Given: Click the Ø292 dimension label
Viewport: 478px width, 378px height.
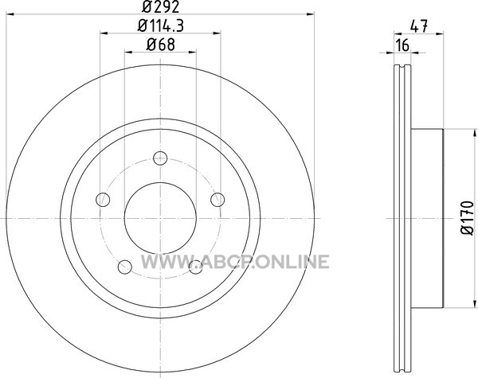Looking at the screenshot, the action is pos(160,6).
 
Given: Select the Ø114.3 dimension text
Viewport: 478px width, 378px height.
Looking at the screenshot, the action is pos(160,26).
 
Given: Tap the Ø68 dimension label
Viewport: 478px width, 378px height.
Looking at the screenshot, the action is pos(160,45).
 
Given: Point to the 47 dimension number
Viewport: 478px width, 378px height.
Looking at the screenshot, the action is pos(419,26).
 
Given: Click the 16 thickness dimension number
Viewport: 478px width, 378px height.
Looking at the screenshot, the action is pos(402,45).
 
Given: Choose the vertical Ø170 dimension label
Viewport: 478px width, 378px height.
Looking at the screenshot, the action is pos(468,218).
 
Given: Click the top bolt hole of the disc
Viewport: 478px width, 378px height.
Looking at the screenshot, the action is pos(160,158).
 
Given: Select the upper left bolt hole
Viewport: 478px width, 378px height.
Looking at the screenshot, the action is pos(103,200).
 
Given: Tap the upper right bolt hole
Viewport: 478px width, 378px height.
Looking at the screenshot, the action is pos(217,200).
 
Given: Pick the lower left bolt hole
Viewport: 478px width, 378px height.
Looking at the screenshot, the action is pos(125,267).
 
